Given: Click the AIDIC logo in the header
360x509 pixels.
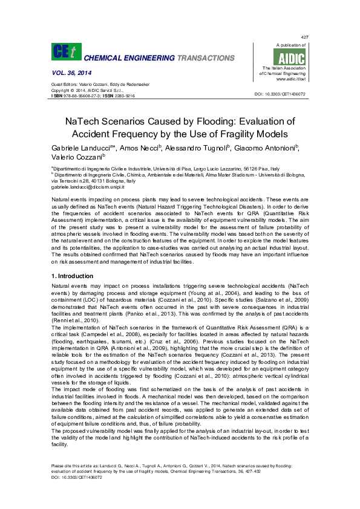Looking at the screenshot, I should tap(291, 57).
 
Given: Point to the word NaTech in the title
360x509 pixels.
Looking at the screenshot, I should tap(85, 121).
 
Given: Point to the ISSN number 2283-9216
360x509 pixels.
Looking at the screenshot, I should tap(124, 96).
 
